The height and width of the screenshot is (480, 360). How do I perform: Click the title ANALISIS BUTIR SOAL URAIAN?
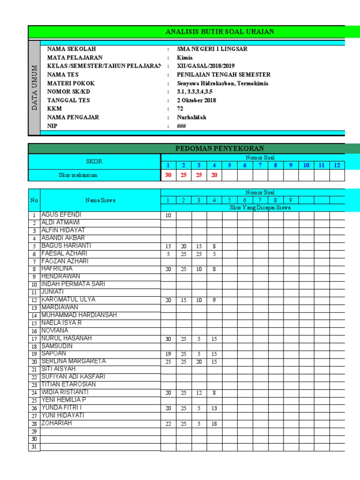220,32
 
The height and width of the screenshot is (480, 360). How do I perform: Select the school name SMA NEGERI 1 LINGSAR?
212,49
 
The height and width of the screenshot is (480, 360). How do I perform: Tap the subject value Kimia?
185,58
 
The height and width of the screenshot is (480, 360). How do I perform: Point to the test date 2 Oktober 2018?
196,100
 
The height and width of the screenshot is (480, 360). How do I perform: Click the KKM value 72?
180,109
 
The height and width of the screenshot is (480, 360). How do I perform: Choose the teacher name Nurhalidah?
191,117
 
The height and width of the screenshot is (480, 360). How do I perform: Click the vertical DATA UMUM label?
34,87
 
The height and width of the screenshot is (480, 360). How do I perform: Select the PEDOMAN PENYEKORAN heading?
219,149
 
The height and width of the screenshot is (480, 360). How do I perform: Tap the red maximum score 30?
168,175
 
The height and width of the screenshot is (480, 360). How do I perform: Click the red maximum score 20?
214,175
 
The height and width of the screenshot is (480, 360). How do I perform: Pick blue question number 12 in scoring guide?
337,165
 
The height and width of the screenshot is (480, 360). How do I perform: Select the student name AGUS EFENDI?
61,215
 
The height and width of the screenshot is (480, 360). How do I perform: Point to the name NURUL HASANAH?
67,338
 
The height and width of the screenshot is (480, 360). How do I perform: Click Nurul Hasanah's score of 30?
168,338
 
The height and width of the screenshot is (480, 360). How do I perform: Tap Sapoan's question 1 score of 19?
168,354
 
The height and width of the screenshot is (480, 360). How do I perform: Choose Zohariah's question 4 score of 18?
214,424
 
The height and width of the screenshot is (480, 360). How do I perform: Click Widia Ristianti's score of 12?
199,393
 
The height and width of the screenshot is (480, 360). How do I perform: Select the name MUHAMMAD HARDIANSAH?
79,315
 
